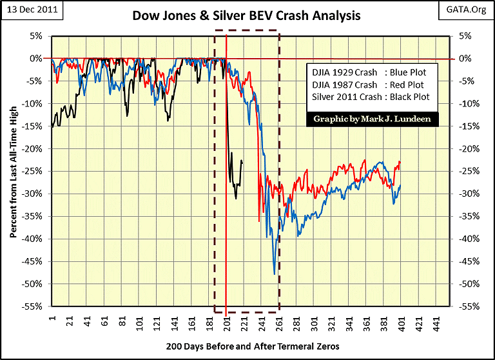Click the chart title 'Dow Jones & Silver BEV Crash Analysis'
246,14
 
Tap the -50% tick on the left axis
32,284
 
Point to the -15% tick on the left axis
32,126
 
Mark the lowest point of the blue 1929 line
275,274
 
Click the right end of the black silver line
242,162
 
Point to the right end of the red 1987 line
400,161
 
